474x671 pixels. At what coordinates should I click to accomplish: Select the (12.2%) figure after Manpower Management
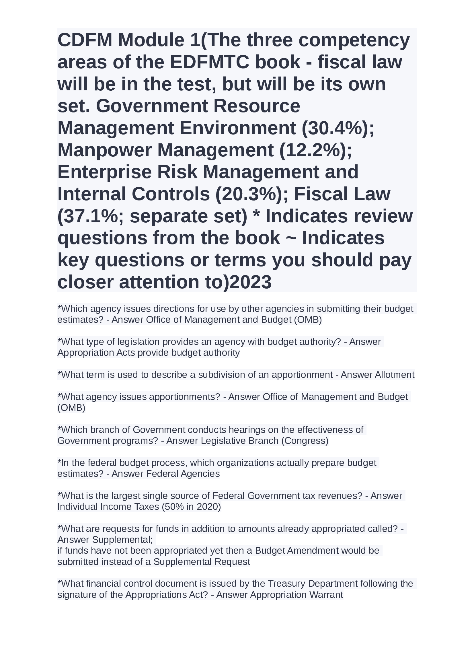pos(316,150)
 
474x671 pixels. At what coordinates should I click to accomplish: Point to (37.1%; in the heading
pos(91,216)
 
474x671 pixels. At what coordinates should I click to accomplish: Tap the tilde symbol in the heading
pos(291,238)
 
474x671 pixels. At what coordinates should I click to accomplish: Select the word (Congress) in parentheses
pos(305,440)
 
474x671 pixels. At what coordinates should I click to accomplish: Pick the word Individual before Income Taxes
pos(77,506)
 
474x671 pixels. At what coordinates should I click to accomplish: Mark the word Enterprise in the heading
pos(105,172)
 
